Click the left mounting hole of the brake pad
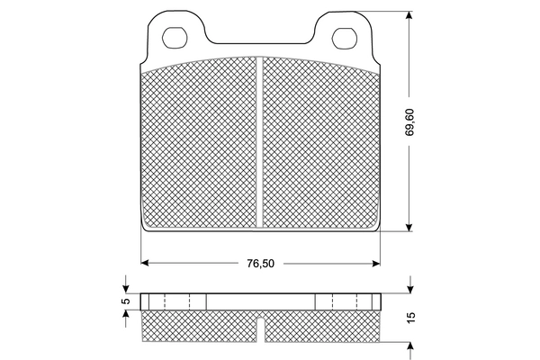[x=175, y=38]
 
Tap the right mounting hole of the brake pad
[x=343, y=38]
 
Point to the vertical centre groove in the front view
[x=259, y=144]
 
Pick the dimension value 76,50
[x=260, y=264]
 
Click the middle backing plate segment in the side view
[x=260, y=301]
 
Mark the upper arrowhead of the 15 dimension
[x=410, y=287]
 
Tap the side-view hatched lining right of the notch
[x=319, y=326]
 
